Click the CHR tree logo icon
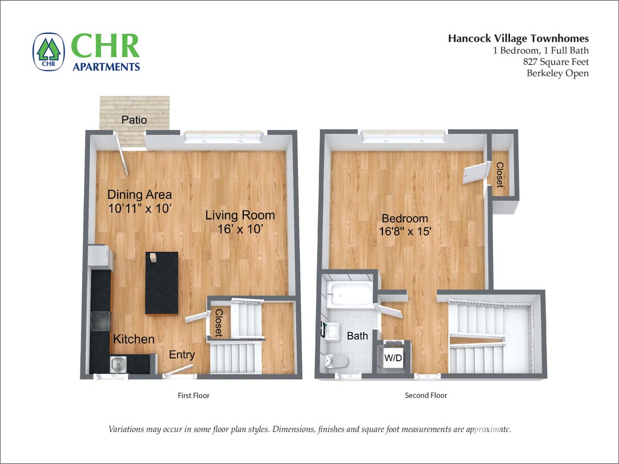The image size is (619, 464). pyautogui.click(x=48, y=52)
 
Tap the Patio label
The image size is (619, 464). pyautogui.click(x=134, y=119)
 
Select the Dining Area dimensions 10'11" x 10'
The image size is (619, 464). pyautogui.click(x=140, y=208)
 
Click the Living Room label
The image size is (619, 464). pyautogui.click(x=240, y=215)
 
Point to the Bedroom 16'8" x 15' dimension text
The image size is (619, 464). pyautogui.click(x=404, y=231)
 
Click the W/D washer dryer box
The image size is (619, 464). pyautogui.click(x=393, y=358)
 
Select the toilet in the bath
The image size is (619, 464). pyautogui.click(x=337, y=362)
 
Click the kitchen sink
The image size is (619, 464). pyautogui.click(x=118, y=363)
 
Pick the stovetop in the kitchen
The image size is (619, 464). pyautogui.click(x=100, y=321)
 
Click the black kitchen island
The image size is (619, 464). pyautogui.click(x=162, y=283)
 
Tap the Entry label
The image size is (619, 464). pyautogui.click(x=182, y=355)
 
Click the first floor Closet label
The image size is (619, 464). pyautogui.click(x=218, y=323)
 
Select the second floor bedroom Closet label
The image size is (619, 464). pyautogui.click(x=500, y=175)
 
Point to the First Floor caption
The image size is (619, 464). pyautogui.click(x=194, y=395)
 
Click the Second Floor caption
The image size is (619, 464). pyautogui.click(x=426, y=395)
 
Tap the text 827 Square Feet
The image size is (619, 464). pyautogui.click(x=556, y=62)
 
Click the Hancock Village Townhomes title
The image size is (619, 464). pyautogui.click(x=518, y=38)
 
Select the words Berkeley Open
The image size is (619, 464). pyautogui.click(x=557, y=73)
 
